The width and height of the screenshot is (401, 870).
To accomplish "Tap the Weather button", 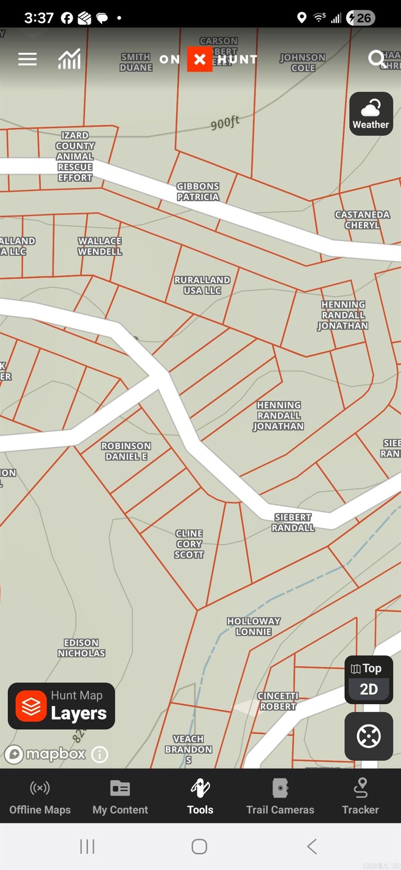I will (x=371, y=114).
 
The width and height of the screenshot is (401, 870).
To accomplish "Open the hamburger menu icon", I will (x=28, y=59).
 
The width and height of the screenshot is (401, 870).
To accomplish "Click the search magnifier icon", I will (x=376, y=59).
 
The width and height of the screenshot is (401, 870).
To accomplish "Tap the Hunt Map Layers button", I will (x=61, y=706).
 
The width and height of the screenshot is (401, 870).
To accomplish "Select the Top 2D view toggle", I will (x=369, y=680).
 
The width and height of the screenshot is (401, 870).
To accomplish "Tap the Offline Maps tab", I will (x=40, y=797).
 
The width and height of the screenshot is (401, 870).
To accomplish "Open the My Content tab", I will (x=120, y=797).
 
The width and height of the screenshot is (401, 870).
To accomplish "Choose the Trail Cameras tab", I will (x=280, y=797).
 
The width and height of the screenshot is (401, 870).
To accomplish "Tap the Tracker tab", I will (x=360, y=797).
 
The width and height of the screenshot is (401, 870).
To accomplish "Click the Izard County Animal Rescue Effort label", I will (x=75, y=156).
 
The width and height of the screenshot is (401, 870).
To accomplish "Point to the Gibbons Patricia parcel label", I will (x=198, y=191).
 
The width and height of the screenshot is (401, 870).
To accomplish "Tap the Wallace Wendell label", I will (x=100, y=246).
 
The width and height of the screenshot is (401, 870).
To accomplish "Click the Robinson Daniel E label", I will (x=126, y=451).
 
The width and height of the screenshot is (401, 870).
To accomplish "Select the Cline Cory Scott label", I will (x=189, y=544).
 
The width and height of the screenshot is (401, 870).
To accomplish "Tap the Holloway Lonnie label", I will (x=254, y=626).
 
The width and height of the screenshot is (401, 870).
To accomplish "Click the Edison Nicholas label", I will (x=81, y=648).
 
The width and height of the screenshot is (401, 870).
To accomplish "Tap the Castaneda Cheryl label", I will (x=362, y=220).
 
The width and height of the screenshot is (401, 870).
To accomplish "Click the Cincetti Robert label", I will (x=278, y=701).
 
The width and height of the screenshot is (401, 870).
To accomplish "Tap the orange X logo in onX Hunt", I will (x=200, y=59).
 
